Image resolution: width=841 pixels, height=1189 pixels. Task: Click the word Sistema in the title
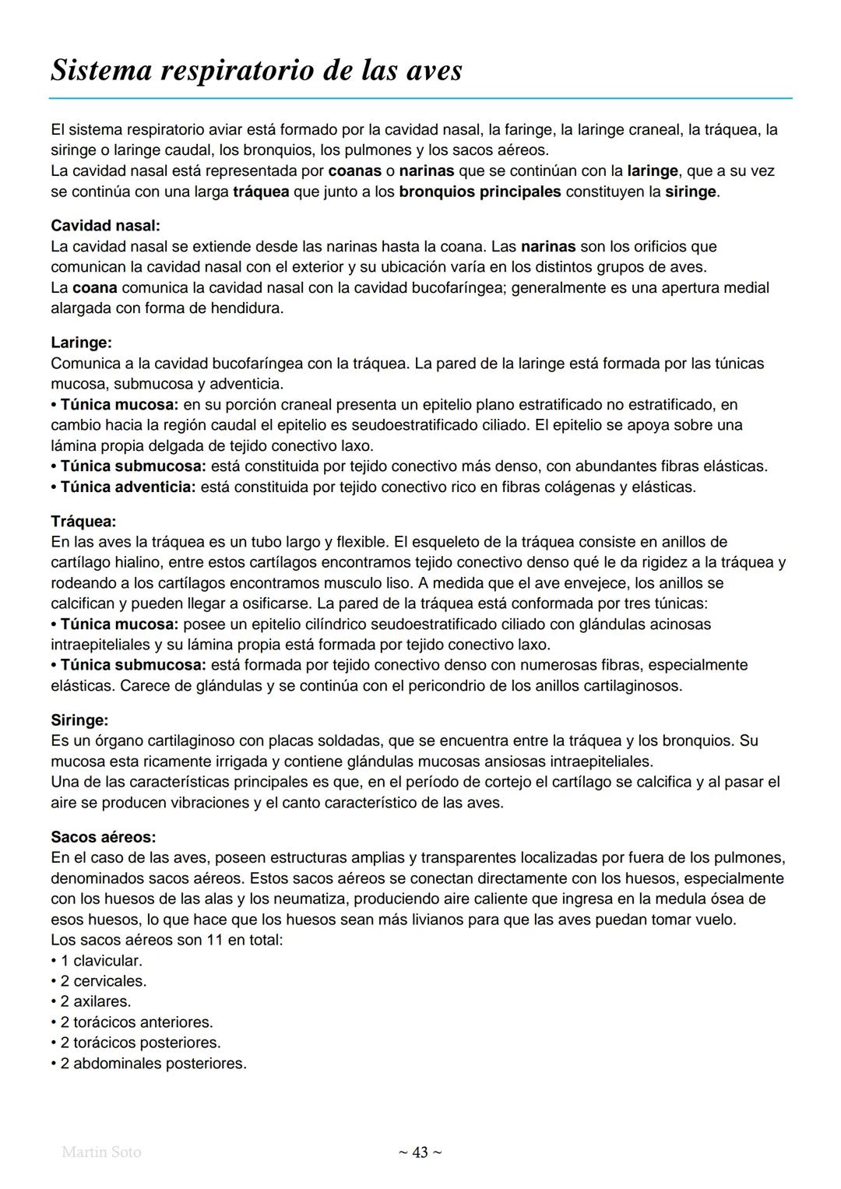pos(99,71)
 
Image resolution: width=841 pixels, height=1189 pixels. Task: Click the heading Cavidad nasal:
pos(105,226)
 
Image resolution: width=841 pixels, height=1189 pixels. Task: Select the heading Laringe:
pos(81,343)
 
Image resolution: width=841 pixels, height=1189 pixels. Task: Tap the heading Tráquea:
pos(83,521)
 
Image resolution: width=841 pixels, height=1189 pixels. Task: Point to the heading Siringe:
pos(79,720)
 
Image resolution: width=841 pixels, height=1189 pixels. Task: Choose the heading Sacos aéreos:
pos(103,837)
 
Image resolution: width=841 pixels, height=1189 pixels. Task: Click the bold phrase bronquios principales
pos(480,192)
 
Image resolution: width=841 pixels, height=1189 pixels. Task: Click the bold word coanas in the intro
pos(355,171)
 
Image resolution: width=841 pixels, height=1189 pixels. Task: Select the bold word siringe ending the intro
pos(690,192)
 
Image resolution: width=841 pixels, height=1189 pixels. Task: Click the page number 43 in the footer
pos(420,1152)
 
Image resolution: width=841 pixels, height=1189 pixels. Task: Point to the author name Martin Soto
pos(101,1152)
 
